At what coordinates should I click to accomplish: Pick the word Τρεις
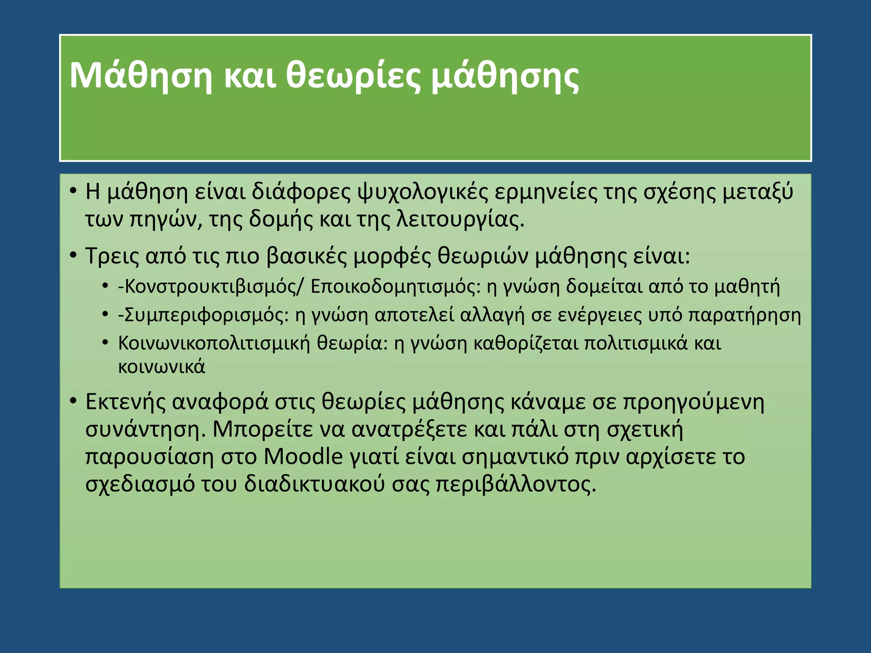[x=112, y=256]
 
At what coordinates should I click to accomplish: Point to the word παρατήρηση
[x=744, y=315]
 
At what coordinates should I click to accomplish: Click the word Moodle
[x=303, y=457]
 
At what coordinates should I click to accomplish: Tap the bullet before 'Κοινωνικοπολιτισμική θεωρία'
[x=105, y=343]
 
